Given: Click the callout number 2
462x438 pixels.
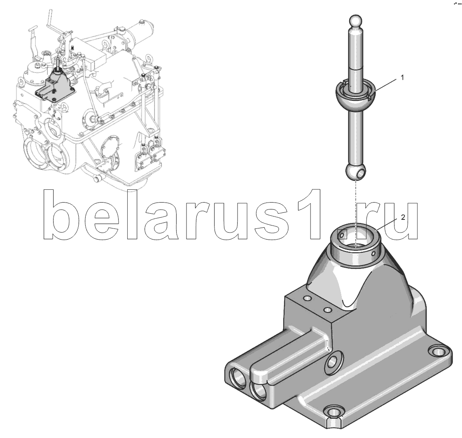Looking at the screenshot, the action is (x=403, y=218).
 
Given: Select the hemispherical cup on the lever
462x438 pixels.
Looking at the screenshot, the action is (x=356, y=96).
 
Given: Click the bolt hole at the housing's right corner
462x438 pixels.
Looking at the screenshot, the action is (x=437, y=352).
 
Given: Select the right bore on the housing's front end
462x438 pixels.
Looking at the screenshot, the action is (x=259, y=393).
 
